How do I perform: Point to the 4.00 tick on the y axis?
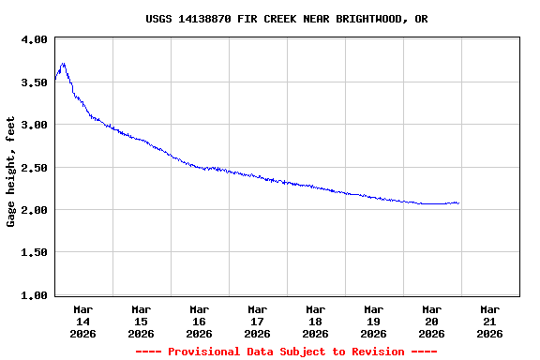35,39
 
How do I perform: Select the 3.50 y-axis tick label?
35,82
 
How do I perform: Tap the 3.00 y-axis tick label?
35,125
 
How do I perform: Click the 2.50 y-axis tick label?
35,168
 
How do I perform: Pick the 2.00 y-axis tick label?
35,210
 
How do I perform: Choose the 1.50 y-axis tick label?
35,253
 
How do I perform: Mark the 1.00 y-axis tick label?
35,295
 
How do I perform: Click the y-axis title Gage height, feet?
11,172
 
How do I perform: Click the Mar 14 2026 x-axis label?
82,321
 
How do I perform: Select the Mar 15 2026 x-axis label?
141,321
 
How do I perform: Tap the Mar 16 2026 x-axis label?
199,321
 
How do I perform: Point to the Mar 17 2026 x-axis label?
257,321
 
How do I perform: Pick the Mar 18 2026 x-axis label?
315,321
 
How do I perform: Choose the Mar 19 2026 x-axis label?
373,321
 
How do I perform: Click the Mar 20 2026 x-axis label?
431,321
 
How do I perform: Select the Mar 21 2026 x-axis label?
489,321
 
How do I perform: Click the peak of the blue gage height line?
63,64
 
